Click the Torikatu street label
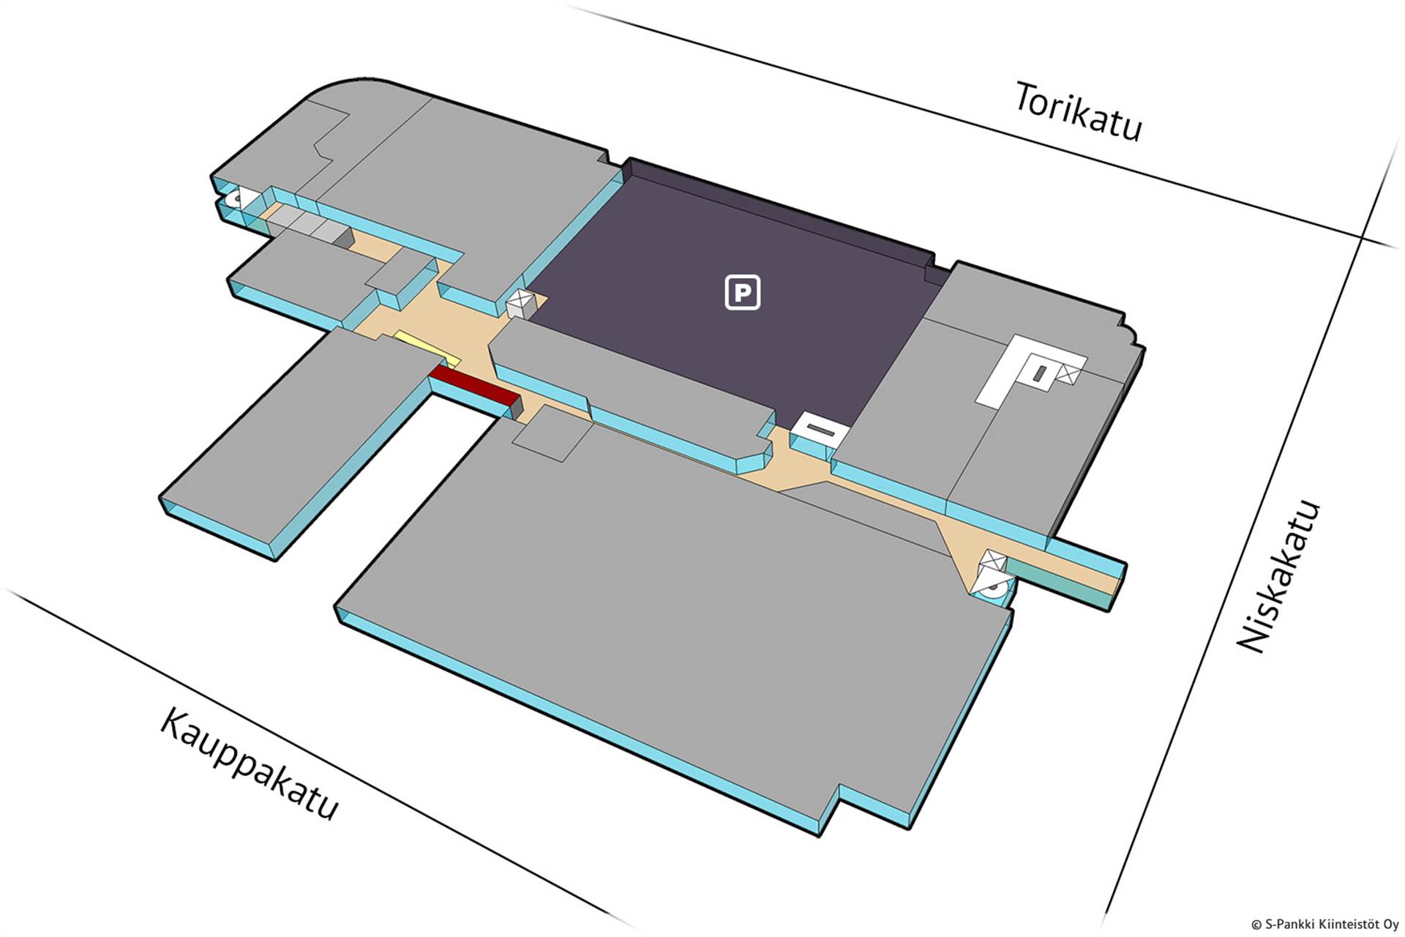tap(1077, 112)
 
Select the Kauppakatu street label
tap(249, 763)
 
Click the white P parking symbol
tap(742, 293)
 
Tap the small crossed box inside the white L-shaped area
tap(1069, 373)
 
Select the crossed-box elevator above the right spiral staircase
tap(993, 561)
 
